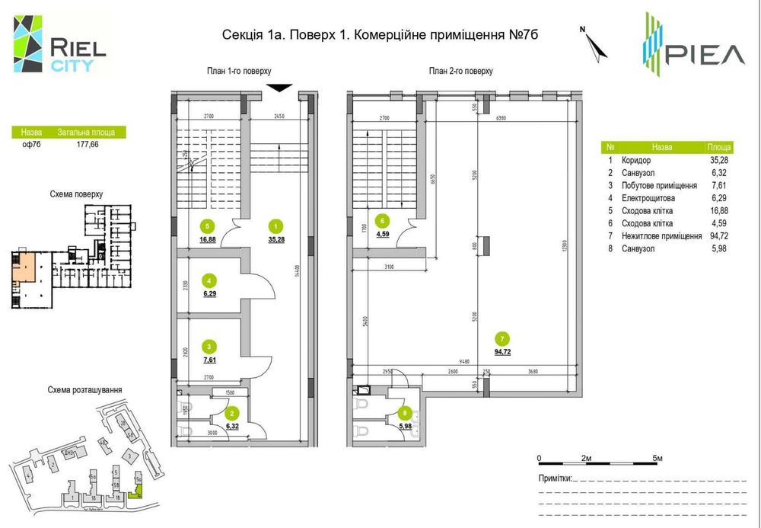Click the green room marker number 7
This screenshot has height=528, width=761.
tap(501, 338)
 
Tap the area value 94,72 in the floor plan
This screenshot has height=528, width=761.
tap(501, 352)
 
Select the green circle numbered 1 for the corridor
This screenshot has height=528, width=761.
tap(276, 226)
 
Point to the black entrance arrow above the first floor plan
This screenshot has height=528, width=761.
tap(279, 88)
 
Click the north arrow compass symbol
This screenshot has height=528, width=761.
tap(596, 44)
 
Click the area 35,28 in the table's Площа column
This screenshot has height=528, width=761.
tap(719, 161)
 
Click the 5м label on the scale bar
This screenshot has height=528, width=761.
tap(658, 458)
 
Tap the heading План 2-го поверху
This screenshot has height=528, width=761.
tap(461, 71)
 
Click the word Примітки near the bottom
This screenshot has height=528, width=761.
tap(554, 478)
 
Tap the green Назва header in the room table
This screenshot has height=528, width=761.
tap(661, 147)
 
